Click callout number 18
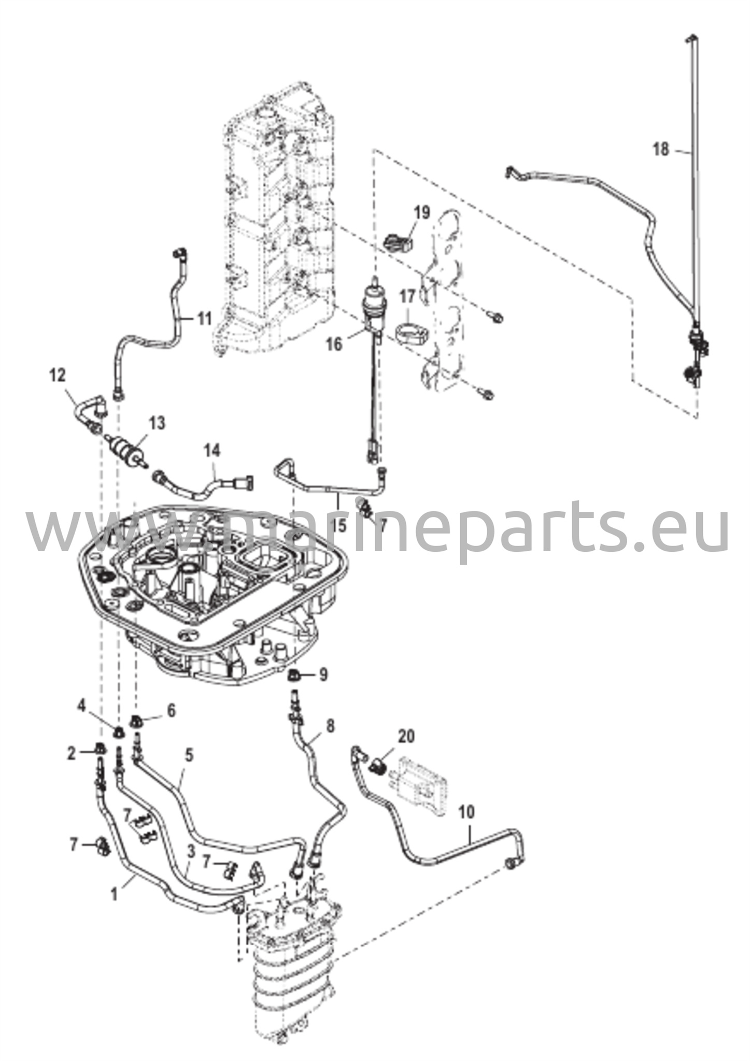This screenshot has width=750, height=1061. click(x=661, y=150)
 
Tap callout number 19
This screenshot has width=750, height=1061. click(x=422, y=212)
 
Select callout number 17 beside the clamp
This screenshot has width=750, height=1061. click(x=407, y=297)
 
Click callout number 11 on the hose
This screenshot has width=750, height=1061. click(x=204, y=318)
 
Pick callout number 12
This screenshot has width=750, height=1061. click(x=58, y=376)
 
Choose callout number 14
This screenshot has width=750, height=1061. click(x=211, y=450)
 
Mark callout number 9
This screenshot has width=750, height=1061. click(x=323, y=675)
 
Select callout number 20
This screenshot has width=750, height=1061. click(x=407, y=736)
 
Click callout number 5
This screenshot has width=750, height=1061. click(x=189, y=755)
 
